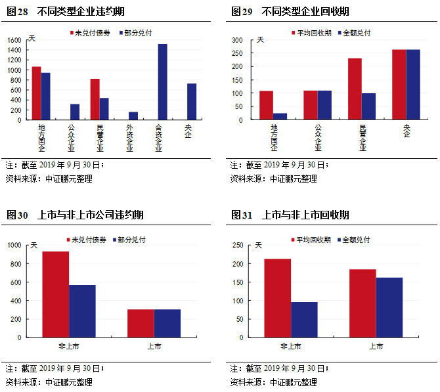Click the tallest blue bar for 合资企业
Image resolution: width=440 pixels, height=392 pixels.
point(162,82)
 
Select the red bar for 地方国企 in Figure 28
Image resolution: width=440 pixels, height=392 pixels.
point(36,93)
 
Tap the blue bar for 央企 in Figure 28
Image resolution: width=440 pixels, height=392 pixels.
point(192,102)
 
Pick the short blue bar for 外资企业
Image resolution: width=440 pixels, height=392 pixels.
point(133,116)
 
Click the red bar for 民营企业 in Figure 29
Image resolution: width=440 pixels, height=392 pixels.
point(355,89)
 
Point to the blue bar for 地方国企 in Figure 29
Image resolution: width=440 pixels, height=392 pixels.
point(280,117)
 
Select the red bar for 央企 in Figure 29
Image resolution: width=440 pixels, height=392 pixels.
point(399,85)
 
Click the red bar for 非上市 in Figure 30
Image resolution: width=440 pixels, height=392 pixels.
point(56,294)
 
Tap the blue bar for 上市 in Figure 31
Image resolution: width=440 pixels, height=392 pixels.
point(389,307)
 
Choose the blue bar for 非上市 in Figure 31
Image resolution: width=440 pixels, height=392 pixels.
point(304,320)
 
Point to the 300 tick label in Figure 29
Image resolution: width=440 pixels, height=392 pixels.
point(237,40)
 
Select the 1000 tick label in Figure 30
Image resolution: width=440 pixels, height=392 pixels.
point(15,246)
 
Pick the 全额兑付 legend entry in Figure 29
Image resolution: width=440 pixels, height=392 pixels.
point(354,32)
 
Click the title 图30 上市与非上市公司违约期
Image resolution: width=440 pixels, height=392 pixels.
point(75,215)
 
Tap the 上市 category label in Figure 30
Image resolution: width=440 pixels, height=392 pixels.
point(154,346)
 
